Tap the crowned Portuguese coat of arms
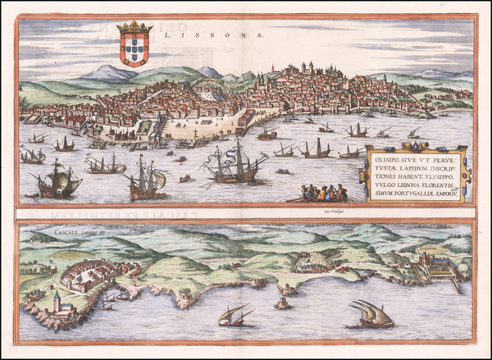click(134, 45)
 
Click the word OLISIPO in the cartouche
click(387, 156)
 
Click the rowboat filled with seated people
click(321, 194)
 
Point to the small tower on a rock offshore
click(283, 302)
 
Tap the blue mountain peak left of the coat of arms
click(107, 72)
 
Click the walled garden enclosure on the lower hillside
click(313, 262)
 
